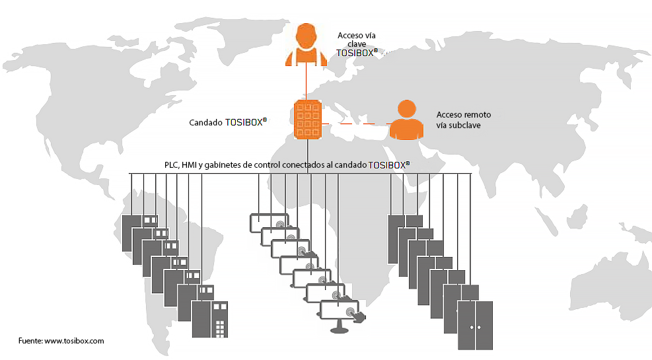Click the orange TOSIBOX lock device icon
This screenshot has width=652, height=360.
pos(307,119)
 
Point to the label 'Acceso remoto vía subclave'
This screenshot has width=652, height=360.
pos(463,120)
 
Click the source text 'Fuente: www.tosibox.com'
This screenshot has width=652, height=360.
pos(61,341)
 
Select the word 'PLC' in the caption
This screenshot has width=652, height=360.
pos(171,164)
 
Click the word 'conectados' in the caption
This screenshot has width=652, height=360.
pos(305,164)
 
